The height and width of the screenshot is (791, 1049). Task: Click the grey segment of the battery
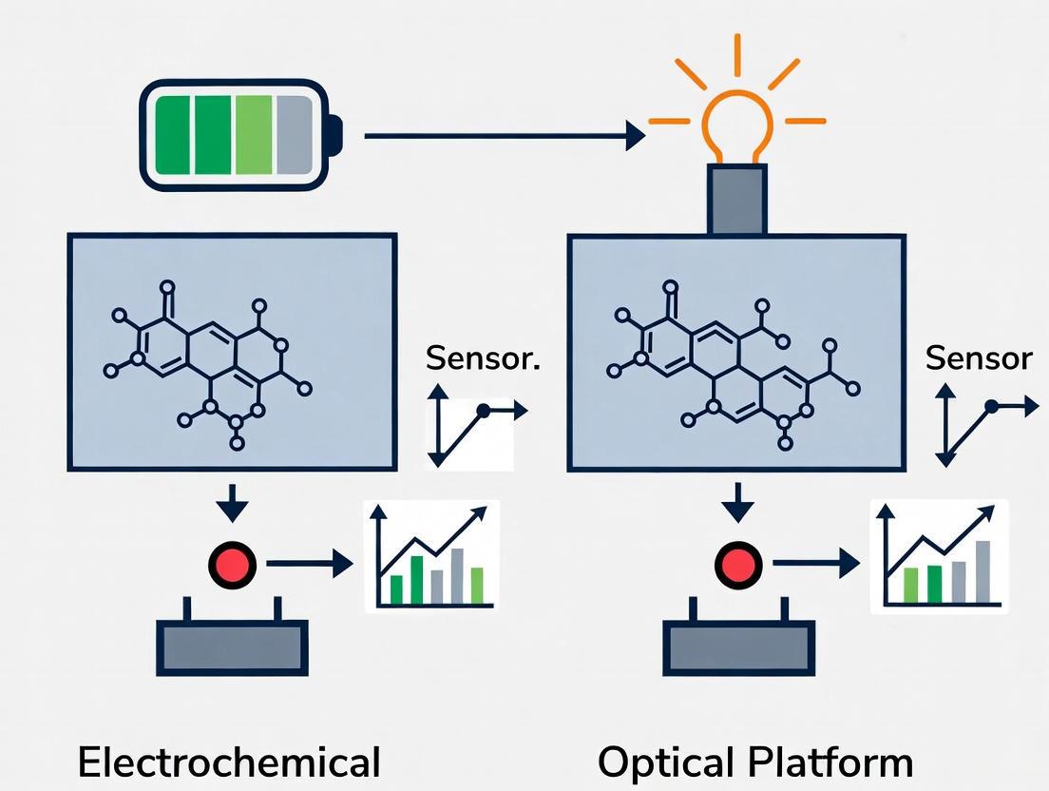(296, 135)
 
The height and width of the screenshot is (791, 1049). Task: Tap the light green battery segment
(254, 135)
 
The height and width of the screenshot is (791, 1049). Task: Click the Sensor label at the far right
(979, 358)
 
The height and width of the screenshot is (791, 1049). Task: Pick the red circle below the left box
(233, 565)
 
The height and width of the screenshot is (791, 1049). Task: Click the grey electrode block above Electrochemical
(232, 647)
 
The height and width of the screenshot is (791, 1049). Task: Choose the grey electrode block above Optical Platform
(738, 647)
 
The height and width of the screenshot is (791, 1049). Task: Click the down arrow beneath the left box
(233, 502)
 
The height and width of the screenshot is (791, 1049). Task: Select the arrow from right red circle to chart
(815, 564)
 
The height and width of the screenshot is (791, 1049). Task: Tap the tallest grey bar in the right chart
(982, 572)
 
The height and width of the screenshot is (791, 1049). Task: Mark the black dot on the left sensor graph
(484, 411)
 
